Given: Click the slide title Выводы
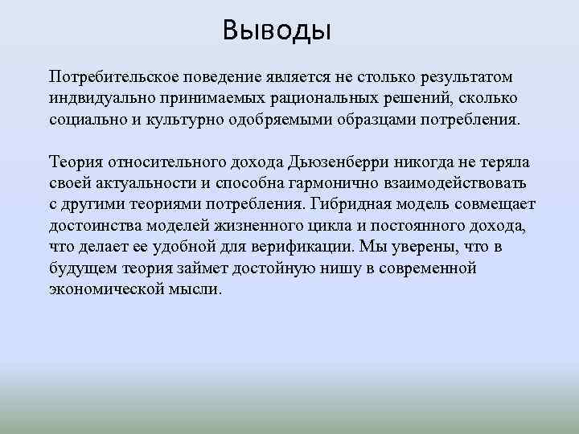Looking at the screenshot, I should [x=277, y=32].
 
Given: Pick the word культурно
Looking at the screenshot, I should [x=196, y=118].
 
